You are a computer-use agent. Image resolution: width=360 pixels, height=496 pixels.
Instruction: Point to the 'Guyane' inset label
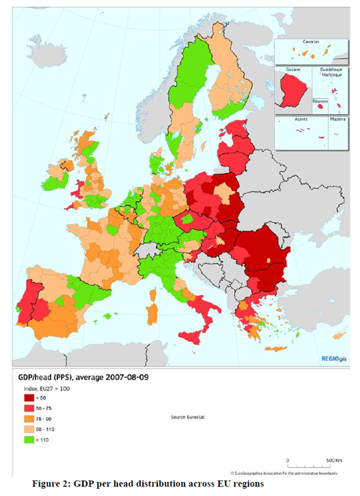(x=293, y=69)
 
